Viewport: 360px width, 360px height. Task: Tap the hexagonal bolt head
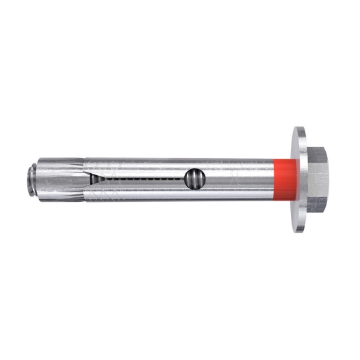[315, 179]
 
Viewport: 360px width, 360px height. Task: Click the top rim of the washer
[300, 131]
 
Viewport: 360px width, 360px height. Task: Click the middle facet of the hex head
[316, 179]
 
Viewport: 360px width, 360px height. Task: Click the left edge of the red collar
[274, 179]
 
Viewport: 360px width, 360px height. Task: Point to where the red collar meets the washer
[295, 179]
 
